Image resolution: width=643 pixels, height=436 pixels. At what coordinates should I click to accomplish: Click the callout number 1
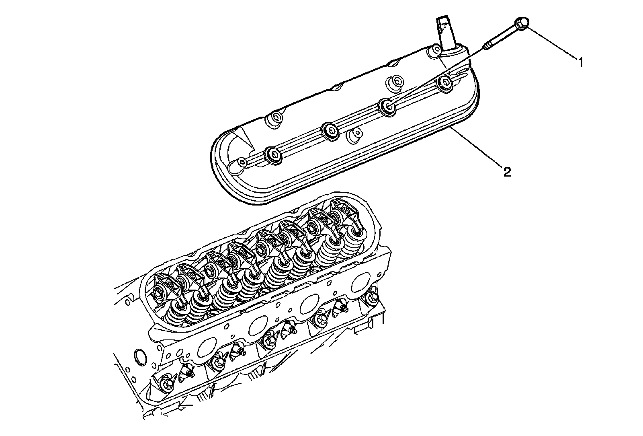point(580,62)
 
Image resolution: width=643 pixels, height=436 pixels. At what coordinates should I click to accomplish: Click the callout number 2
point(507,172)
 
